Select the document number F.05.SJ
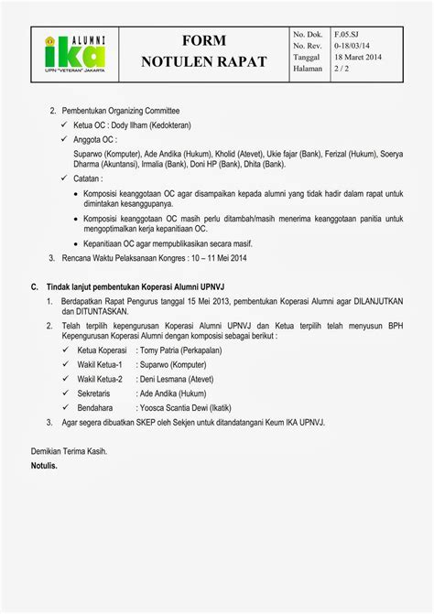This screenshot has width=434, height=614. (x=347, y=32)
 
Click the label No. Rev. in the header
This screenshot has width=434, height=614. (x=309, y=44)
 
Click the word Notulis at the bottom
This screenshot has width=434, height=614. (x=45, y=466)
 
